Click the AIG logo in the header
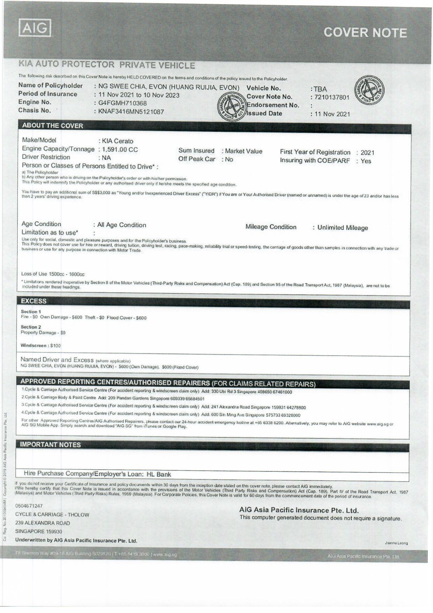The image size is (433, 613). pyautogui.click(x=35, y=28)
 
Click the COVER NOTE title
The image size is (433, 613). pyautogui.click(x=365, y=33)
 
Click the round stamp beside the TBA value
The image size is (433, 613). pyautogui.click(x=369, y=89)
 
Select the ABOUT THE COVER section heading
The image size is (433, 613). pyautogui.click(x=52, y=126)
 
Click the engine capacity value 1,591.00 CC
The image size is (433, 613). pyautogui.click(x=120, y=150)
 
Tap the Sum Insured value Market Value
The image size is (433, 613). pyautogui.click(x=243, y=151)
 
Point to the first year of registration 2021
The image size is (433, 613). pyautogui.click(x=367, y=152)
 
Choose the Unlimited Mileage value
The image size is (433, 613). pyautogui.click(x=343, y=228)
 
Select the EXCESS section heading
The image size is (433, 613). pyautogui.click(x=34, y=301)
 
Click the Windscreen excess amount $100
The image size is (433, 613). pyautogui.click(x=55, y=345)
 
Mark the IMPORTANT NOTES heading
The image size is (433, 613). pyautogui.click(x=50, y=444)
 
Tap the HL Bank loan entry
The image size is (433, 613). pyautogui.click(x=159, y=474)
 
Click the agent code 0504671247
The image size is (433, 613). pyautogui.click(x=29, y=506)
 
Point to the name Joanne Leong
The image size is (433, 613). pyautogui.click(x=396, y=543)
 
